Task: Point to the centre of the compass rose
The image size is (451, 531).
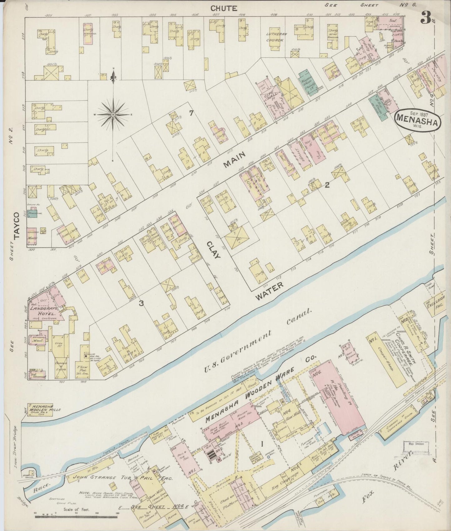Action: (x=113, y=115)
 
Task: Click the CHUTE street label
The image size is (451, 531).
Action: (x=223, y=8)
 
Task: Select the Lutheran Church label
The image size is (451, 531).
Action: (x=275, y=37)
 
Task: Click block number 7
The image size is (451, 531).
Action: (x=191, y=114)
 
